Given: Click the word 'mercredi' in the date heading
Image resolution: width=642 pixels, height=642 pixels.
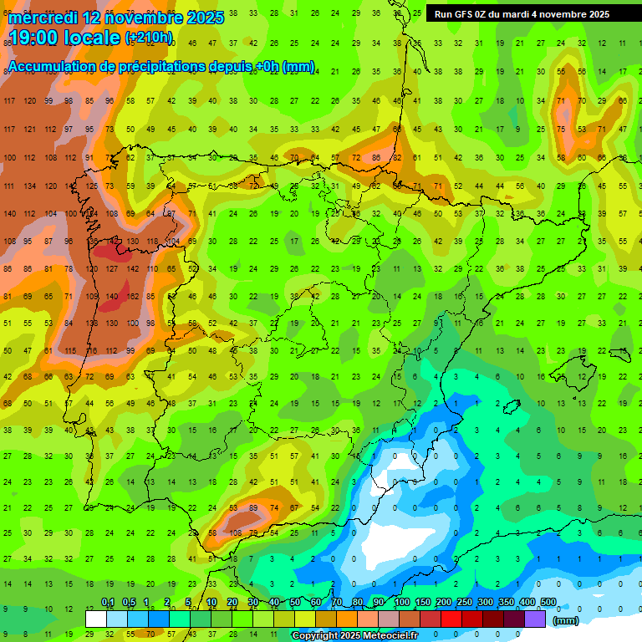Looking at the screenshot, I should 42,18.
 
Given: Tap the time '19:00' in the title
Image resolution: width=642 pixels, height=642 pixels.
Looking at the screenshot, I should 36,38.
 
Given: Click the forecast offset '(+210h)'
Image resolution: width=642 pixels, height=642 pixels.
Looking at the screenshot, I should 149,38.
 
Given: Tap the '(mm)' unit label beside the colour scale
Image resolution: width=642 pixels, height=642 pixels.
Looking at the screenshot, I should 566,620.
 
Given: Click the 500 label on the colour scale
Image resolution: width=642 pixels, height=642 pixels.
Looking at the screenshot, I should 548,603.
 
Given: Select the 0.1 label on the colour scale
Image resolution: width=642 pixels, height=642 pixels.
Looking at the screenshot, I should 108,603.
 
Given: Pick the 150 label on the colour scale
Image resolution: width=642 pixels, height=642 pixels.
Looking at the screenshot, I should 423,603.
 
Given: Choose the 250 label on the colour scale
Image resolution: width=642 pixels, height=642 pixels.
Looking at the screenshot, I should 465,603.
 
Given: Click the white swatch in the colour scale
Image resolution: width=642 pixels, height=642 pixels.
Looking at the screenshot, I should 96,619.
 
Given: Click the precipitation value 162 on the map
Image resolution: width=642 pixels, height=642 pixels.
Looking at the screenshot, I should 133,296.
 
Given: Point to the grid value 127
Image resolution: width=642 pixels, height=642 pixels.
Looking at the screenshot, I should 112,269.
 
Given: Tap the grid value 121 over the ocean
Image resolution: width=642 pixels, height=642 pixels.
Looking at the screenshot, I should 29,130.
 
